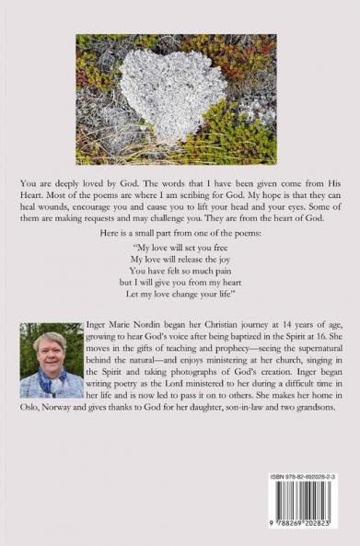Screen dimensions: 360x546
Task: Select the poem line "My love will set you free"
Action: click(x=179, y=248)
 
